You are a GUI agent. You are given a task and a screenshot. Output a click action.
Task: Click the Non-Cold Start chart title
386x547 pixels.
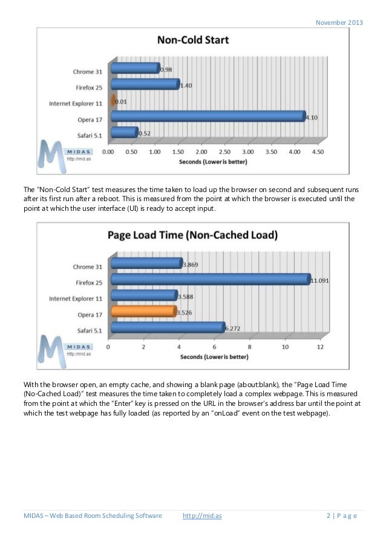pos(193,41)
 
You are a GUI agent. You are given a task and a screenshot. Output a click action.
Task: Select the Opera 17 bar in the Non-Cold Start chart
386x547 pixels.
pos(208,116)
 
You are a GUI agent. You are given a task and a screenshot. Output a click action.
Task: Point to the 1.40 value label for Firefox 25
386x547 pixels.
pos(186,85)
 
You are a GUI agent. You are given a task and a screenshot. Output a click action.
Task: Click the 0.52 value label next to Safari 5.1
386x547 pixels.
pos(145,133)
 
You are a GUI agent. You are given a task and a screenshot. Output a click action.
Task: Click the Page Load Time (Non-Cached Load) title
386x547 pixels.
pos(193,234)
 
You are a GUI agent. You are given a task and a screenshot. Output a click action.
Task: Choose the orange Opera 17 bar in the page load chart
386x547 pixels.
pos(143,311)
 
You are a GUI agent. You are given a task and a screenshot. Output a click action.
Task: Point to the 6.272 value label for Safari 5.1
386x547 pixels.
pos(233,329)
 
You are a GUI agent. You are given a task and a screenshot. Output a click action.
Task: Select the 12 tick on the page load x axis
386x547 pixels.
pos(320,347)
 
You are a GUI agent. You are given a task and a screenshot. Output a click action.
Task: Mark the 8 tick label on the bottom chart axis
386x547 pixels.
pos(250,347)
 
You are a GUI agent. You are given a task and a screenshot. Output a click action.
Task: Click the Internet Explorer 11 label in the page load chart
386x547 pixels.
pos(76,299)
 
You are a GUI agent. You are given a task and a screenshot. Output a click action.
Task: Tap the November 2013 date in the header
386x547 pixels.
pos(339,22)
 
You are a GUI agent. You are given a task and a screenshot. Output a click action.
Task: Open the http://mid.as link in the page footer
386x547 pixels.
pos(201,516)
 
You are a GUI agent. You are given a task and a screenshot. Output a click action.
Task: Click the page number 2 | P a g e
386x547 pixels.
pos(342,516)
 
